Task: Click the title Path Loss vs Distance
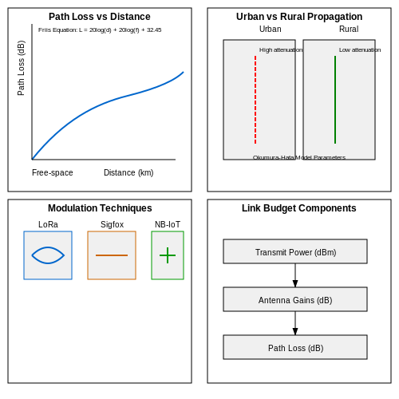(100, 17)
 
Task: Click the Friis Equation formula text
(100, 30)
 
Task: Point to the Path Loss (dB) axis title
(21, 68)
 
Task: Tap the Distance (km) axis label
(128, 172)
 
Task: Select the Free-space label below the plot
(53, 172)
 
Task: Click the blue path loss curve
(109, 101)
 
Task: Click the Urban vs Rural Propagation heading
(299, 17)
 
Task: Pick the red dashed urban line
(255, 100)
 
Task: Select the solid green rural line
(335, 100)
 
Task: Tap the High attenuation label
(281, 50)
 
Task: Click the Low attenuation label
(360, 50)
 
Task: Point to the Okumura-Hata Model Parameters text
(299, 157)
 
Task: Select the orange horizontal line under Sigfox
(112, 255)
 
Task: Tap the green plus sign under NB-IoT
(168, 255)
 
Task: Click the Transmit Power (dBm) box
(295, 251)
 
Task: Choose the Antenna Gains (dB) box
(295, 299)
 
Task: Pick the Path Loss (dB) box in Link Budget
(295, 347)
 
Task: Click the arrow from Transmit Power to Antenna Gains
(295, 275)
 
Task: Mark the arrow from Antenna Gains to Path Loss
(295, 323)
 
